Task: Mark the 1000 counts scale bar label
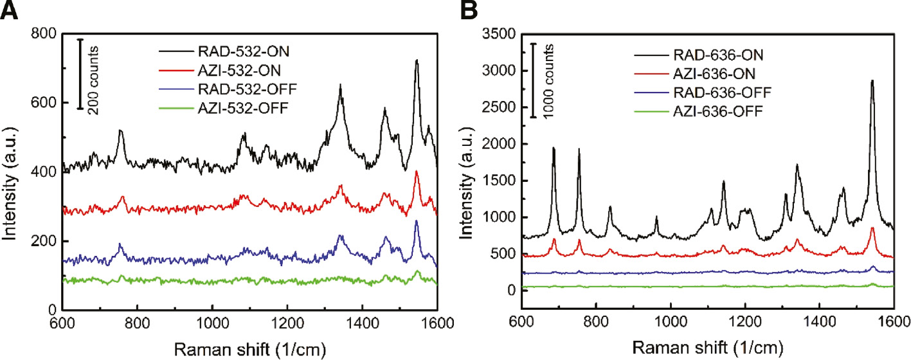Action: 545,81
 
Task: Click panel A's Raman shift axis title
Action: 250,348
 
